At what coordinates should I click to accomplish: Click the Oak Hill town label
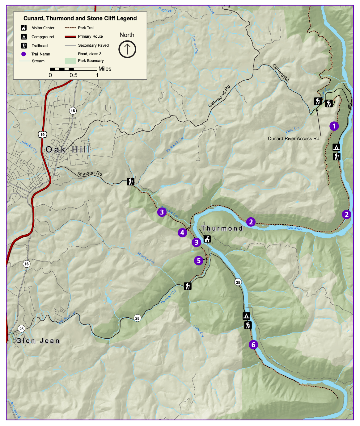68,150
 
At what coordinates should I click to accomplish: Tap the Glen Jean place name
38,341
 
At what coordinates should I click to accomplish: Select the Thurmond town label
222,228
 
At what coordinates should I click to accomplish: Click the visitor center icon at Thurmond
207,239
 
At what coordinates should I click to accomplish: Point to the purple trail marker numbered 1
334,126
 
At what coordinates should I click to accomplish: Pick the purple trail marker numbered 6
253,345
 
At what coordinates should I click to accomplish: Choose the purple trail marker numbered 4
182,233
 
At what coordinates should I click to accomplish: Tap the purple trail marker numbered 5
199,261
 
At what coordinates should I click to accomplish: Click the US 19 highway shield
42,134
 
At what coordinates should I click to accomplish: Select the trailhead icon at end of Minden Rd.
131,182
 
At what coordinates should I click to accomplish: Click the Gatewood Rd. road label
220,96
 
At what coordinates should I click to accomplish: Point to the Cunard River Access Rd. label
294,139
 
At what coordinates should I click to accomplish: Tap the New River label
294,228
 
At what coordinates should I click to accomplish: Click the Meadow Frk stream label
146,258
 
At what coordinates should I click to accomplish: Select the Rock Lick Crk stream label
175,144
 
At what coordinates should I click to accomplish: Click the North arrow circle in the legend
127,49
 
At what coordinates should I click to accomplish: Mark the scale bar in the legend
74,69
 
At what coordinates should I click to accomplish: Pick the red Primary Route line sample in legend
70,36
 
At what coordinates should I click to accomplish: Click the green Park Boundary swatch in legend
70,61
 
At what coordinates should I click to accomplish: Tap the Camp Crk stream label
198,331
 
